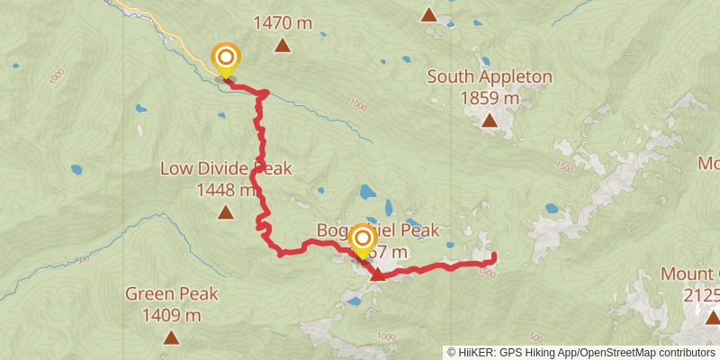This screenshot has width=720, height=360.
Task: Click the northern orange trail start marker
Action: [x=225, y=59]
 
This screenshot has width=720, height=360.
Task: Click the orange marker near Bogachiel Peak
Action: [x=363, y=239]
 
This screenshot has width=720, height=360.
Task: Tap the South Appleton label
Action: [x=489, y=77]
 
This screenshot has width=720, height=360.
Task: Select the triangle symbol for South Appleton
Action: [x=489, y=120]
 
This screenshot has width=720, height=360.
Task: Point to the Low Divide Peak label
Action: [x=226, y=168]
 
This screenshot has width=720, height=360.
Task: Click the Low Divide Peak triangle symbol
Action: [x=225, y=212]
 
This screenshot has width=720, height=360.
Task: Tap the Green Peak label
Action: [x=171, y=293]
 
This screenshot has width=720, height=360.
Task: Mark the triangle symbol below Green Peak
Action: [x=171, y=337]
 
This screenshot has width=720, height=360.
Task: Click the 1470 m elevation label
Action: [x=283, y=23]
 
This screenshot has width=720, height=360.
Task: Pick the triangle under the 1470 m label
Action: [x=283, y=46]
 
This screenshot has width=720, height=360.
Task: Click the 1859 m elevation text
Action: [x=489, y=98]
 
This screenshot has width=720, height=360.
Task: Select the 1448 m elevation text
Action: [x=226, y=190]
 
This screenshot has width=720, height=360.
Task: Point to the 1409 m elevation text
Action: [x=171, y=315]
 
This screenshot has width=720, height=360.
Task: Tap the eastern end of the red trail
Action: [x=493, y=256]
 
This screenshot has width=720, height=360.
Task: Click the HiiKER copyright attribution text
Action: [x=580, y=353]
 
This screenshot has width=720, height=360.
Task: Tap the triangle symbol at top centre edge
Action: [x=429, y=14]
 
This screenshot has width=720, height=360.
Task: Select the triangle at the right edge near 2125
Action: [x=713, y=317]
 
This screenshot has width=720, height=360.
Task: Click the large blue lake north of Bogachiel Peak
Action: [x=368, y=192]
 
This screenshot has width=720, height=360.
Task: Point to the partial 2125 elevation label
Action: [x=701, y=295]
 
